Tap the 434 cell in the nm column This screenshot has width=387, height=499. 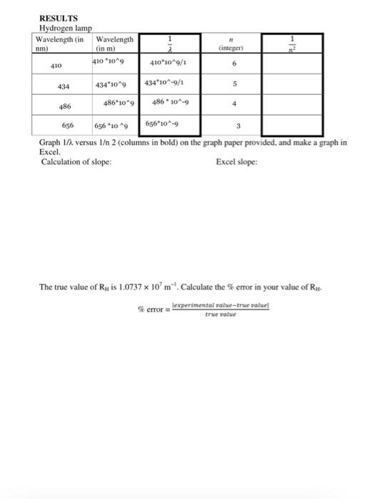tap(63, 86)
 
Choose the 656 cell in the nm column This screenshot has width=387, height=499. tap(68, 124)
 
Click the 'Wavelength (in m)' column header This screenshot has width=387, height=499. tap(114, 43)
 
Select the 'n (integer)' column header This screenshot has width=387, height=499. tap(231, 45)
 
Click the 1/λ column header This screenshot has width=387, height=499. tap(169, 43)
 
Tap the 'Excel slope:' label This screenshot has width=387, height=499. tap(236, 162)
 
